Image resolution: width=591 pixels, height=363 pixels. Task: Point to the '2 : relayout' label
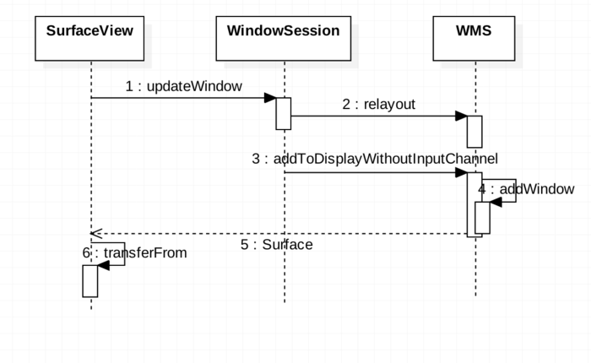coord(379,105)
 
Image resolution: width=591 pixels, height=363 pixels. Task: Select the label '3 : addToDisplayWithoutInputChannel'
coord(375,159)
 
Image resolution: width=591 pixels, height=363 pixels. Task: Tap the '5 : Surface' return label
coord(277,245)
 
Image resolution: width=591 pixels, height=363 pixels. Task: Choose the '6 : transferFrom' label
coord(135,252)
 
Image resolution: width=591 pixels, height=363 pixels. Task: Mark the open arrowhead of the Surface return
coord(96,233)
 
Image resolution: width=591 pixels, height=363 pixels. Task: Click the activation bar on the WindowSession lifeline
coord(284,113)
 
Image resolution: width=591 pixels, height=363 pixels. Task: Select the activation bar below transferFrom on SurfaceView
coord(90,281)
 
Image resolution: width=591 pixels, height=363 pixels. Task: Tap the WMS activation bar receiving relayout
coord(474,132)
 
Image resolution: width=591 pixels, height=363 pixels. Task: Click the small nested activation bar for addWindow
coord(482,218)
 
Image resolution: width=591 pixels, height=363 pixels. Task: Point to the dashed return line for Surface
coord(279,233)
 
